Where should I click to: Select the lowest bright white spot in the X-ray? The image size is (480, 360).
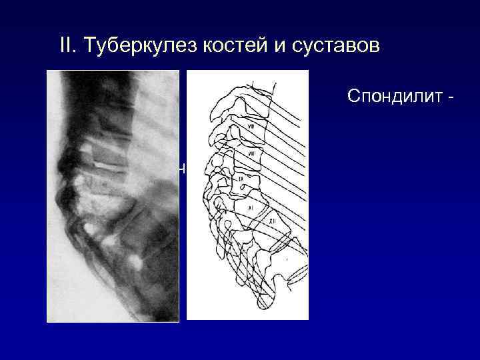pyautogui.click(x=139, y=262)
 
